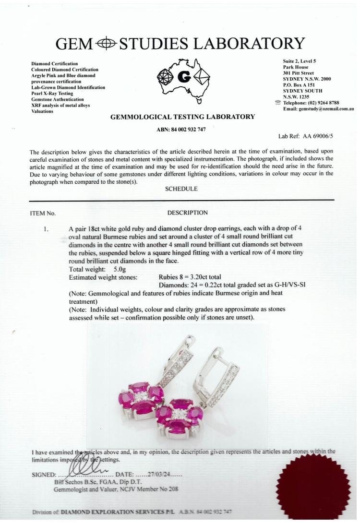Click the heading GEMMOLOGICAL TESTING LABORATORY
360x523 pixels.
pyautogui.click(x=182, y=117)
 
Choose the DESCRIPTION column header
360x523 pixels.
pyautogui.click(x=188, y=213)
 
